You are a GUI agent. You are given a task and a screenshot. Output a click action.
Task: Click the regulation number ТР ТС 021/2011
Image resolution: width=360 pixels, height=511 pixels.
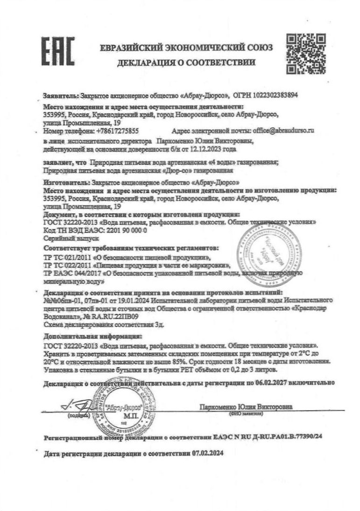click(x=67, y=256)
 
